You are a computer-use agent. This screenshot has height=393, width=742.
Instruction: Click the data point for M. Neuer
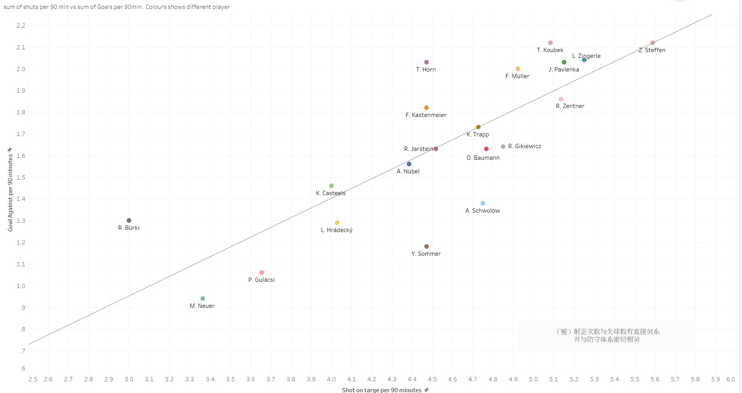click(x=203, y=299)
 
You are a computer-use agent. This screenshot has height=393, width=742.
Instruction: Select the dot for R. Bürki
click(x=129, y=220)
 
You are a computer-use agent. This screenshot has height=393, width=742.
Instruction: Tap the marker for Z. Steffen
click(x=653, y=43)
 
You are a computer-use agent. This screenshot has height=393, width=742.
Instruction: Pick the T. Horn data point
click(x=427, y=62)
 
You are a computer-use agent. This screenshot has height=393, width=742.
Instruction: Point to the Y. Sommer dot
click(x=427, y=246)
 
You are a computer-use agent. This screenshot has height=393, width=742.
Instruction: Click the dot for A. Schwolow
click(x=483, y=203)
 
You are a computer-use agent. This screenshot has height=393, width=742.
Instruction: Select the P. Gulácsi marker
click(x=262, y=272)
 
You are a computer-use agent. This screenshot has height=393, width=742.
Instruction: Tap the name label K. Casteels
click(x=331, y=193)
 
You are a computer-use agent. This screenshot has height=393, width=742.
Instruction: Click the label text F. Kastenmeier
click(x=426, y=115)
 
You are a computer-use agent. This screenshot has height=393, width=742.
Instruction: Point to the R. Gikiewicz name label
click(x=524, y=146)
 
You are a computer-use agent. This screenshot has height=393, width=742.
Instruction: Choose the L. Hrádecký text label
click(x=336, y=230)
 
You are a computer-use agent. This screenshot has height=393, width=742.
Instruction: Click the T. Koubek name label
click(x=550, y=50)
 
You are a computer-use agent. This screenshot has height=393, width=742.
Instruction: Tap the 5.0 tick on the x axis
click(x=533, y=379)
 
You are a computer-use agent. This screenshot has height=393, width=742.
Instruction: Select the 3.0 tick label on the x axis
click(x=129, y=379)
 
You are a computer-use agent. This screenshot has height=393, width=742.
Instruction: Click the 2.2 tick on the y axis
click(x=21, y=26)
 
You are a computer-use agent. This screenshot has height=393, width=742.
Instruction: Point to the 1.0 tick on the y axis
click(x=21, y=286)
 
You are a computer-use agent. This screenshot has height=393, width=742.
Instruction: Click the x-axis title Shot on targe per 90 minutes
click(x=381, y=390)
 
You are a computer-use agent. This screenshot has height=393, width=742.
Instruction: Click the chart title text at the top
click(x=117, y=7)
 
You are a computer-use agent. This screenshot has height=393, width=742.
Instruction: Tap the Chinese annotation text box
click(x=607, y=335)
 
